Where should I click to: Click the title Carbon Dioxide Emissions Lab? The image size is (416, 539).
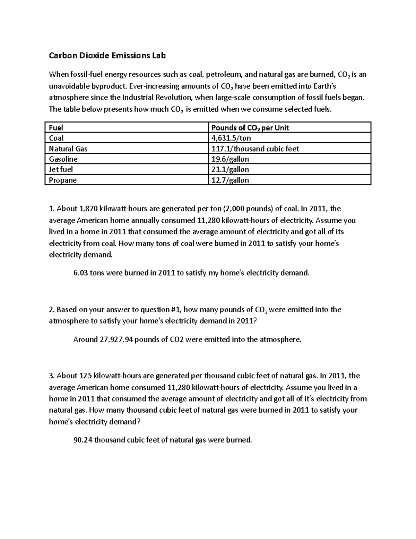click(x=107, y=56)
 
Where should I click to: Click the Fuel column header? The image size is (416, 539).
click(x=56, y=128)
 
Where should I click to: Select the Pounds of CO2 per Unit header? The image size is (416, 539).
click(x=250, y=128)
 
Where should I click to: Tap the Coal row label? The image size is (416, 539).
click(x=56, y=138)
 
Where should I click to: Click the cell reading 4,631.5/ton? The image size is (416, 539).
click(x=231, y=138)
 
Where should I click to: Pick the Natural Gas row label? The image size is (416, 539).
click(x=68, y=149)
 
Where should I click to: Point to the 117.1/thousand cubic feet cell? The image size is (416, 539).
click(x=255, y=149)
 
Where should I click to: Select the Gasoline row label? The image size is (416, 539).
click(x=63, y=159)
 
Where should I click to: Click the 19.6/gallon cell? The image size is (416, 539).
click(x=230, y=159)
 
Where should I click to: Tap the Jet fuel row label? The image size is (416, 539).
click(x=61, y=170)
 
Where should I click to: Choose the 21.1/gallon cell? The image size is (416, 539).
click(x=230, y=170)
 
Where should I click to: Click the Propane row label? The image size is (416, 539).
click(x=62, y=180)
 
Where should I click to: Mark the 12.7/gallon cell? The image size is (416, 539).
click(x=230, y=180)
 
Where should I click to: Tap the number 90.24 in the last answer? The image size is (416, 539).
click(x=83, y=440)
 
